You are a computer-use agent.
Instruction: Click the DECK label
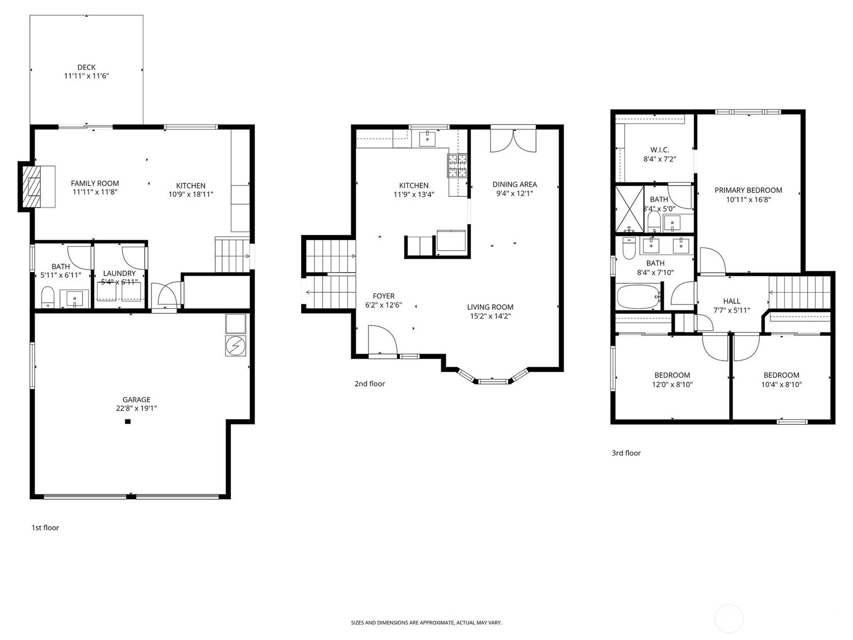point(86,67)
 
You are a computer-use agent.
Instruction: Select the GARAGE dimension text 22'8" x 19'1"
point(136,409)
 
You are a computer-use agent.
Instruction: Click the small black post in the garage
point(127,422)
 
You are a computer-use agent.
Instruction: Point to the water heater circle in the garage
point(236,346)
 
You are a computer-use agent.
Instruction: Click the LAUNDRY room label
point(119,273)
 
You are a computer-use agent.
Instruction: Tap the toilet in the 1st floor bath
point(48,297)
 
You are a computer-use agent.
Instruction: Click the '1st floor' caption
point(45,527)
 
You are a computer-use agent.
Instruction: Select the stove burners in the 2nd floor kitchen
point(457,165)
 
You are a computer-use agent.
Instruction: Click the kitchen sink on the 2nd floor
point(428,139)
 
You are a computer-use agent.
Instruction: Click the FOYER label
point(383,296)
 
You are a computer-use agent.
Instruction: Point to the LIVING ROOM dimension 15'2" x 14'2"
point(490,316)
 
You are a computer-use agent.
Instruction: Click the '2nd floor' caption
point(369,383)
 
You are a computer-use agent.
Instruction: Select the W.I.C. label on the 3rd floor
point(659,150)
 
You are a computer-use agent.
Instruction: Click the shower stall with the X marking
point(629,209)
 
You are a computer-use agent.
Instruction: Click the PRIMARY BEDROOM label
point(748,190)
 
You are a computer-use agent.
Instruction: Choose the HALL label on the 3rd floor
point(731,301)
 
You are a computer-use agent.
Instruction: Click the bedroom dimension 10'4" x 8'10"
point(781,384)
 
